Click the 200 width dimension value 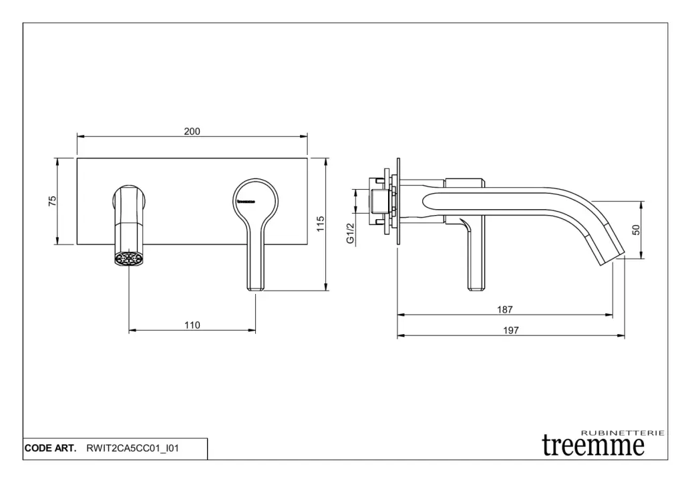[x=192, y=132]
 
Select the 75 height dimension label [x=52, y=201]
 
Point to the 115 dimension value [x=321, y=224]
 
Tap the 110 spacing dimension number [x=192, y=325]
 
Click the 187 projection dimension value [x=505, y=309]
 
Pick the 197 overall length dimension [x=511, y=330]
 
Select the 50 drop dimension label [x=636, y=229]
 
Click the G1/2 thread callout [x=349, y=233]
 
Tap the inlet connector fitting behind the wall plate [x=378, y=200]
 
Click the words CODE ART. [x=51, y=449]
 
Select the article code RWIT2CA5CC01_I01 [x=133, y=449]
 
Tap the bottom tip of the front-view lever [x=256, y=288]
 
